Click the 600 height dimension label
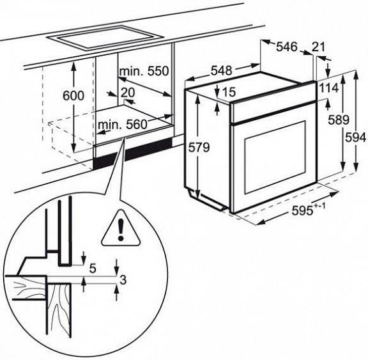73,96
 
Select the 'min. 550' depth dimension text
144,71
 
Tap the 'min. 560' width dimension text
122,125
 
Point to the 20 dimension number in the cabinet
128,93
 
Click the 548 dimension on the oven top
221,71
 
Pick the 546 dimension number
287,47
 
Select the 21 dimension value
318,47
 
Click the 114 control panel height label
329,88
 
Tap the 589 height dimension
339,120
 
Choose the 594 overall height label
356,137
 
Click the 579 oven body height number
199,148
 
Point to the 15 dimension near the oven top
228,92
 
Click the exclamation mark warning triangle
121,229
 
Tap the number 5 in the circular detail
93,268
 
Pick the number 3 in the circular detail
123,279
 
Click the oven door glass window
275,157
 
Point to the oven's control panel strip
273,102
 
